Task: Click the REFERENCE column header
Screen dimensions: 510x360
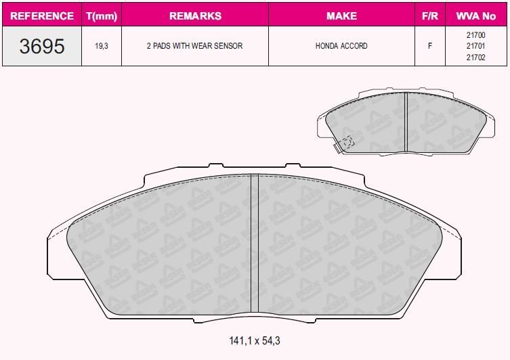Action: (x=42, y=16)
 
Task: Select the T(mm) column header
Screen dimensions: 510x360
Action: (x=102, y=16)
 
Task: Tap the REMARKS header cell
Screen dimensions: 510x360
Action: (x=195, y=16)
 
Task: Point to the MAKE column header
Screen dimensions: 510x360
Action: (x=341, y=16)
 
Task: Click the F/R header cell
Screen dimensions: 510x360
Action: (x=430, y=16)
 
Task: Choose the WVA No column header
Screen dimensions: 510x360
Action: (x=476, y=16)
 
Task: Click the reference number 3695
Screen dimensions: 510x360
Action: (x=42, y=46)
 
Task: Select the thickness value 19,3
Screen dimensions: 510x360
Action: (x=102, y=46)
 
